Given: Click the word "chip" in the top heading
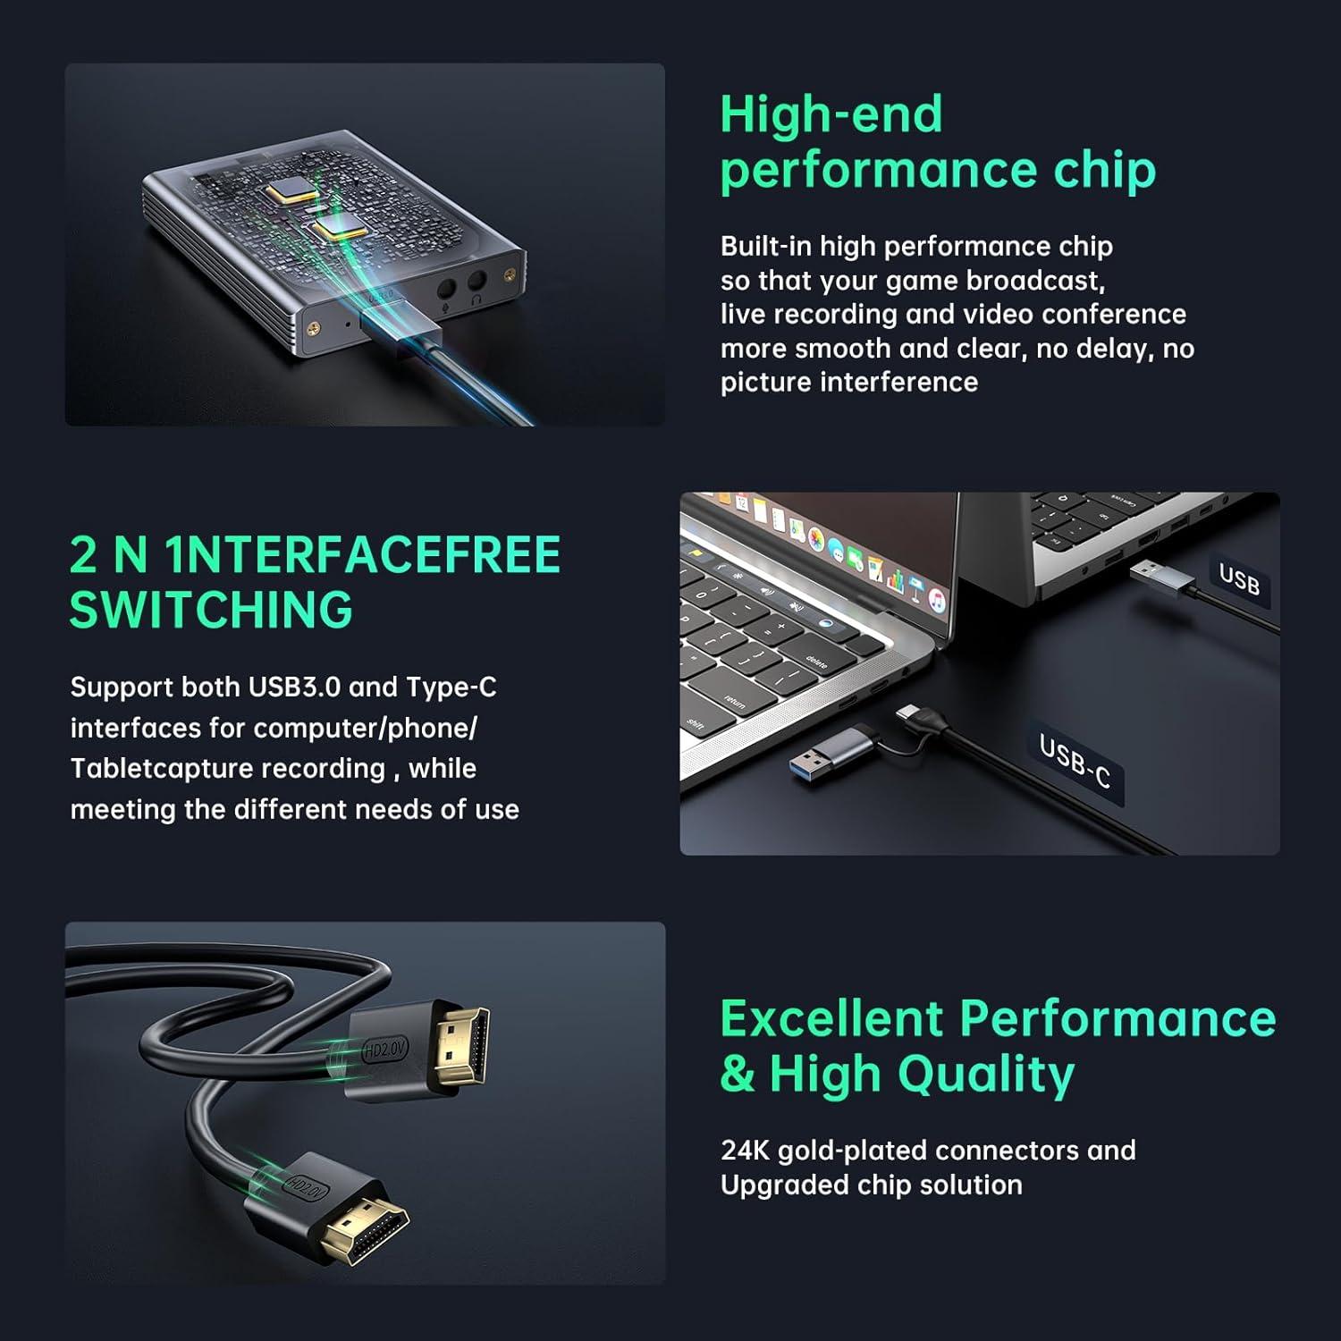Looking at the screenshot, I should tap(1104, 170).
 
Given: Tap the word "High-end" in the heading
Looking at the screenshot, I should tap(831, 114).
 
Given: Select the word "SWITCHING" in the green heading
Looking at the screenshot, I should tap(211, 610).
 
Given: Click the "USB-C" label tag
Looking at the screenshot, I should tap(1075, 761).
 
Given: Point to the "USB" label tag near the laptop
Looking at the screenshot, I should tap(1239, 579).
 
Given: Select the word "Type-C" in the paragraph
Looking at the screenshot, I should tap(451, 687).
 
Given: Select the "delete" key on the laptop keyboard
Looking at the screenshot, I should tap(815, 662).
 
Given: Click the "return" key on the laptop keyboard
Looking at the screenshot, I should tap(735, 702).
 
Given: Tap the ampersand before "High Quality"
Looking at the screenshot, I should tap(738, 1074).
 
